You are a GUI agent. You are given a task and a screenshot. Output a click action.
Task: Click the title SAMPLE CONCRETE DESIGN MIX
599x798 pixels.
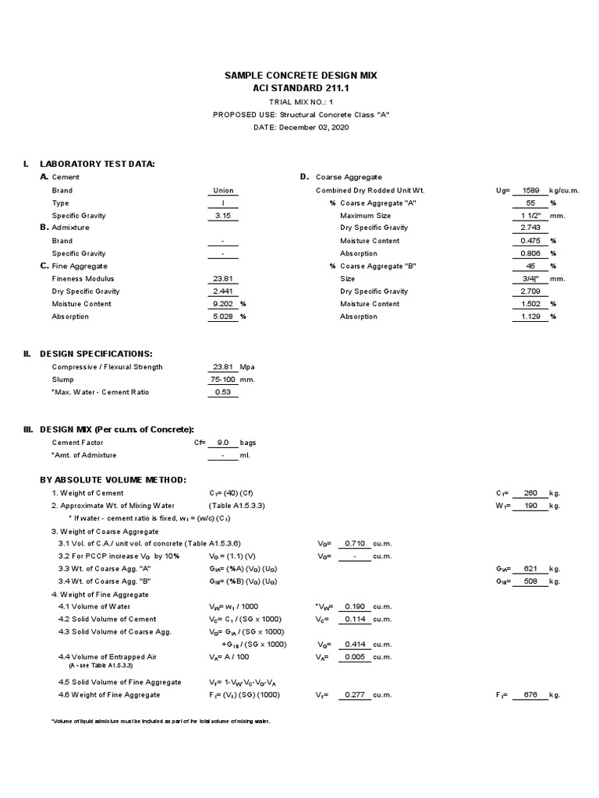coord(300,76)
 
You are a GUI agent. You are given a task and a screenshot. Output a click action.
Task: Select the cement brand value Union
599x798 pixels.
coord(222,190)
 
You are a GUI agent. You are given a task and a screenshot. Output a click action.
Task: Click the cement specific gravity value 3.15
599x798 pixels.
coord(222,216)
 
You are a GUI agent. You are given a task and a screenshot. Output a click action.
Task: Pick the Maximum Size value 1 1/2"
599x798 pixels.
coord(534,215)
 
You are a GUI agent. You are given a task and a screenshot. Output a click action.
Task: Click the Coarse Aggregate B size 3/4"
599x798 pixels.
coord(534,278)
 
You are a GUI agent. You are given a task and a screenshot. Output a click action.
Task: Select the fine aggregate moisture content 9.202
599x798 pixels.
coord(222,304)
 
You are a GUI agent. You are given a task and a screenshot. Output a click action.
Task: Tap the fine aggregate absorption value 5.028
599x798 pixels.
coord(222,316)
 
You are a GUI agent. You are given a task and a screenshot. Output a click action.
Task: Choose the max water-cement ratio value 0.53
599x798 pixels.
coord(222,392)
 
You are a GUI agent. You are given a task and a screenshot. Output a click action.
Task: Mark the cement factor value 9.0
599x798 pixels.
coord(222,443)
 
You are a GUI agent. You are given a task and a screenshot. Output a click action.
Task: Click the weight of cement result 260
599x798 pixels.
coord(530,493)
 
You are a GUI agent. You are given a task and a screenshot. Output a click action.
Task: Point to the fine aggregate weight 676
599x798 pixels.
coord(530,695)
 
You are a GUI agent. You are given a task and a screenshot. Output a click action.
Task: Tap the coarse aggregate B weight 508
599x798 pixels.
coord(530,581)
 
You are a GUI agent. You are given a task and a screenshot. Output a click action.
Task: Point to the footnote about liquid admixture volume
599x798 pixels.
coord(160,721)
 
